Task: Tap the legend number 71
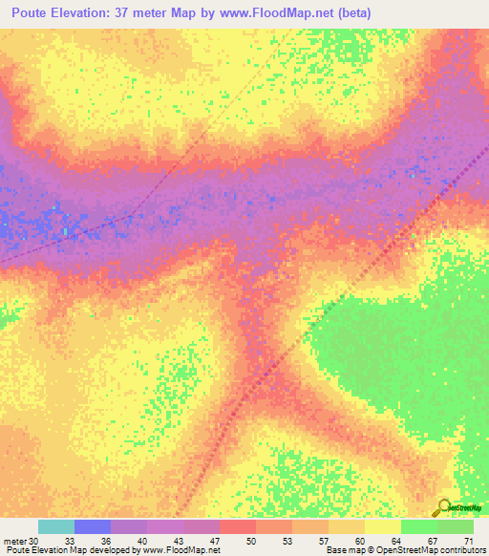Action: coord(468,540)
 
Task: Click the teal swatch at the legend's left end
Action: coord(56,526)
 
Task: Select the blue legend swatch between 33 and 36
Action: coord(93,526)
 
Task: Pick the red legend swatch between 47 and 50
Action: coord(238,526)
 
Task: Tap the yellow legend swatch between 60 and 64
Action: coord(383,526)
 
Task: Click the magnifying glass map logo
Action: coord(444,506)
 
